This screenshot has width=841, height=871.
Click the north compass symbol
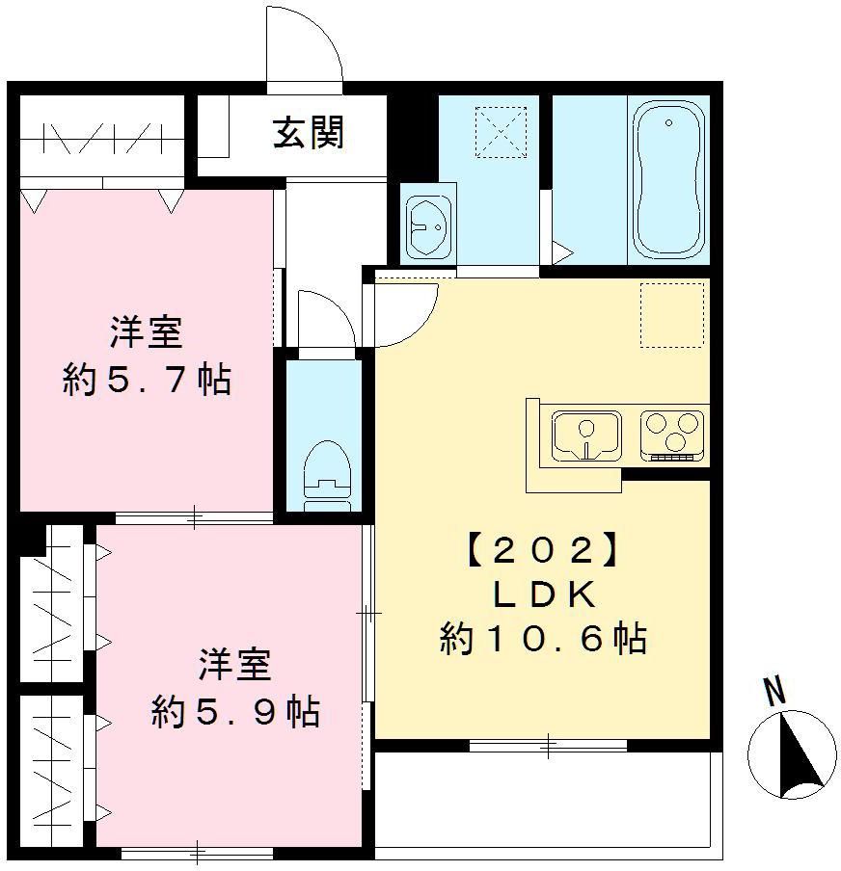coord(793,753)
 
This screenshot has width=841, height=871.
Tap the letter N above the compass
coord(773,691)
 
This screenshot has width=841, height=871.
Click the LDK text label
coord(541,595)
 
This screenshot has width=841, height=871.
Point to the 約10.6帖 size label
coord(542,639)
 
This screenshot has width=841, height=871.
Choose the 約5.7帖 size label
coord(147,380)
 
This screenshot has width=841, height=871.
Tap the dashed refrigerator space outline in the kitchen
coord(672,315)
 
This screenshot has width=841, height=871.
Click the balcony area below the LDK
coord(545,800)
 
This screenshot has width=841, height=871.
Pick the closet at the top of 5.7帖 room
coord(101,143)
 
